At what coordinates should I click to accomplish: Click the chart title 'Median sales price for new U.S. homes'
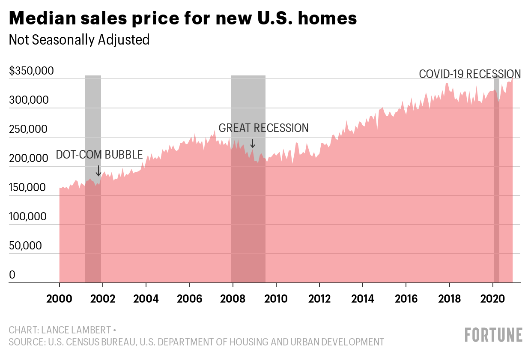pos(183,18)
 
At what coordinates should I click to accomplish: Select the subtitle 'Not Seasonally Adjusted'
pos(79,40)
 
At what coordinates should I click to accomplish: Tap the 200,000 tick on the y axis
pos(28,158)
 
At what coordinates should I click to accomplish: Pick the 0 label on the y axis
pos(12,275)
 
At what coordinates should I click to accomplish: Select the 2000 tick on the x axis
pos(60,298)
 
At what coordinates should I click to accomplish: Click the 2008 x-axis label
pos(233,298)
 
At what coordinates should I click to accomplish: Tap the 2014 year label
pos(362,298)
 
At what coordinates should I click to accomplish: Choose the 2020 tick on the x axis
pos(492,298)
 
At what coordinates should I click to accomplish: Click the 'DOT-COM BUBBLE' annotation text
pos(99,155)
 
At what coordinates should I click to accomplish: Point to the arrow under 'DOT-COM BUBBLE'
pos(98,171)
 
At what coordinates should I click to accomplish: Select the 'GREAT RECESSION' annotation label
pos(263,128)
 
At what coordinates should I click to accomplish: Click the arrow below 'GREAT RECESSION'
pos(253,143)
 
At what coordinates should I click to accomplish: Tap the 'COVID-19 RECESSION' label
pos(469,74)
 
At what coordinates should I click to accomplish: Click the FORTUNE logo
pos(494,334)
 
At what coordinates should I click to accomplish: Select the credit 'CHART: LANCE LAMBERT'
pos(63,330)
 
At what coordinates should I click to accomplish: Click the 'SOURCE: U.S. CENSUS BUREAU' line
pos(196,342)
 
